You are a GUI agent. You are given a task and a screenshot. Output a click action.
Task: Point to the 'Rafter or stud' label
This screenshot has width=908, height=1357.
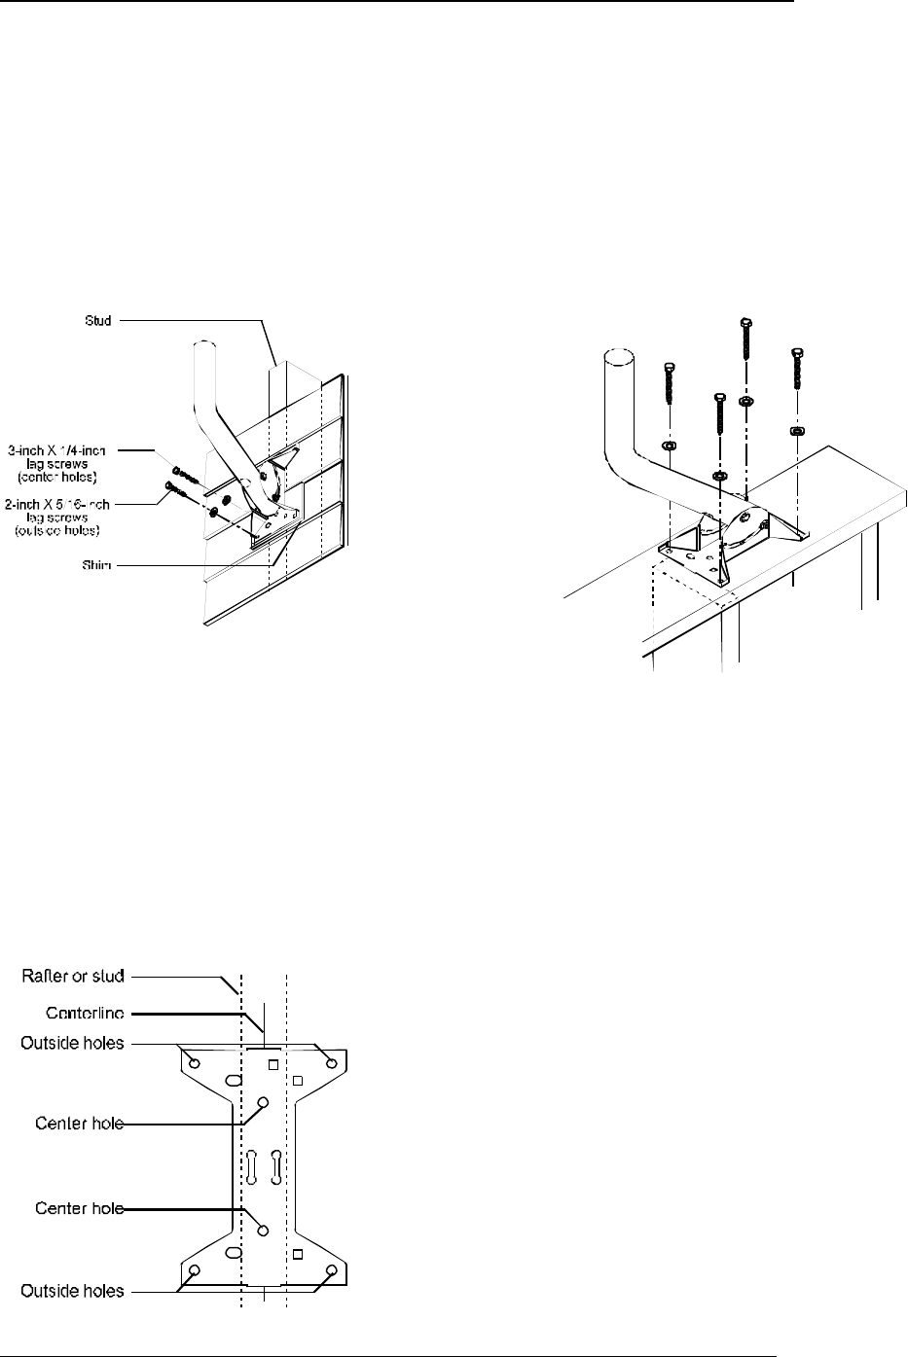(x=74, y=974)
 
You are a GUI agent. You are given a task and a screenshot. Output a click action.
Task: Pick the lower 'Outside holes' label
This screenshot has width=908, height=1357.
(x=73, y=1291)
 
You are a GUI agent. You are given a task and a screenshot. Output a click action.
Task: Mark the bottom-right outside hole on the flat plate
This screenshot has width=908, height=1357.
(x=331, y=1270)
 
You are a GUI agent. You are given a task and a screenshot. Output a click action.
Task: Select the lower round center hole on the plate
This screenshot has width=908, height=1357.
(x=262, y=1230)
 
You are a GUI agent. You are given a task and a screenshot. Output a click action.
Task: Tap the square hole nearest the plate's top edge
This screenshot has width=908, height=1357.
(x=273, y=1064)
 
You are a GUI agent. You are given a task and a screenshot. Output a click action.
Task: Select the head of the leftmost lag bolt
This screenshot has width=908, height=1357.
(x=669, y=368)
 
